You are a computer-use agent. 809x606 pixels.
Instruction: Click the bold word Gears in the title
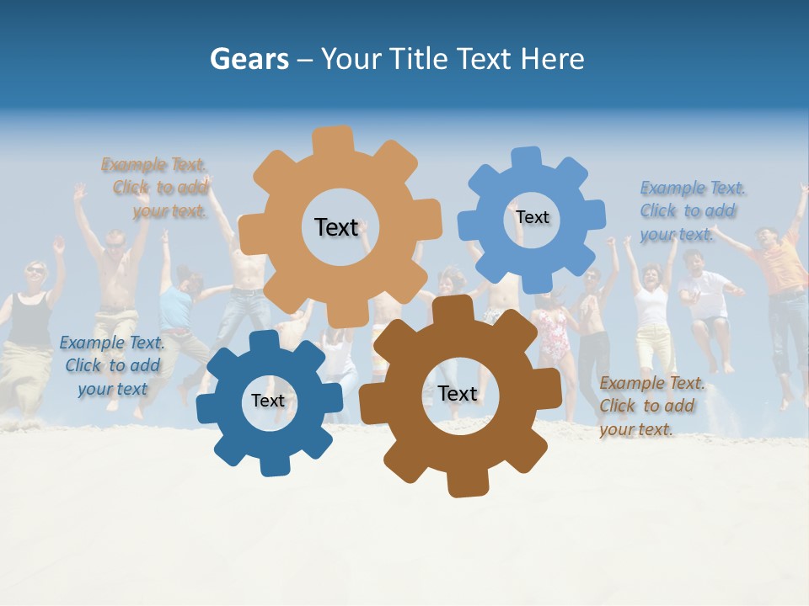249,59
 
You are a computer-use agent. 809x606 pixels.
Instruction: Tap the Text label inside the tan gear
336,227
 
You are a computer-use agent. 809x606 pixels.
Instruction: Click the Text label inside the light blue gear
532,217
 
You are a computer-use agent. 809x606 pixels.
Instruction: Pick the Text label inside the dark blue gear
268,401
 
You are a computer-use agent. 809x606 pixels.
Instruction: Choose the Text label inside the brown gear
458,393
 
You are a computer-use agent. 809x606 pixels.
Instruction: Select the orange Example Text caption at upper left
155,188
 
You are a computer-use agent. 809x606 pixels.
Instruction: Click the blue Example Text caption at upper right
692,210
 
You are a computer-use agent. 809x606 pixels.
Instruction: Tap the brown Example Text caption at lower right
651,406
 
